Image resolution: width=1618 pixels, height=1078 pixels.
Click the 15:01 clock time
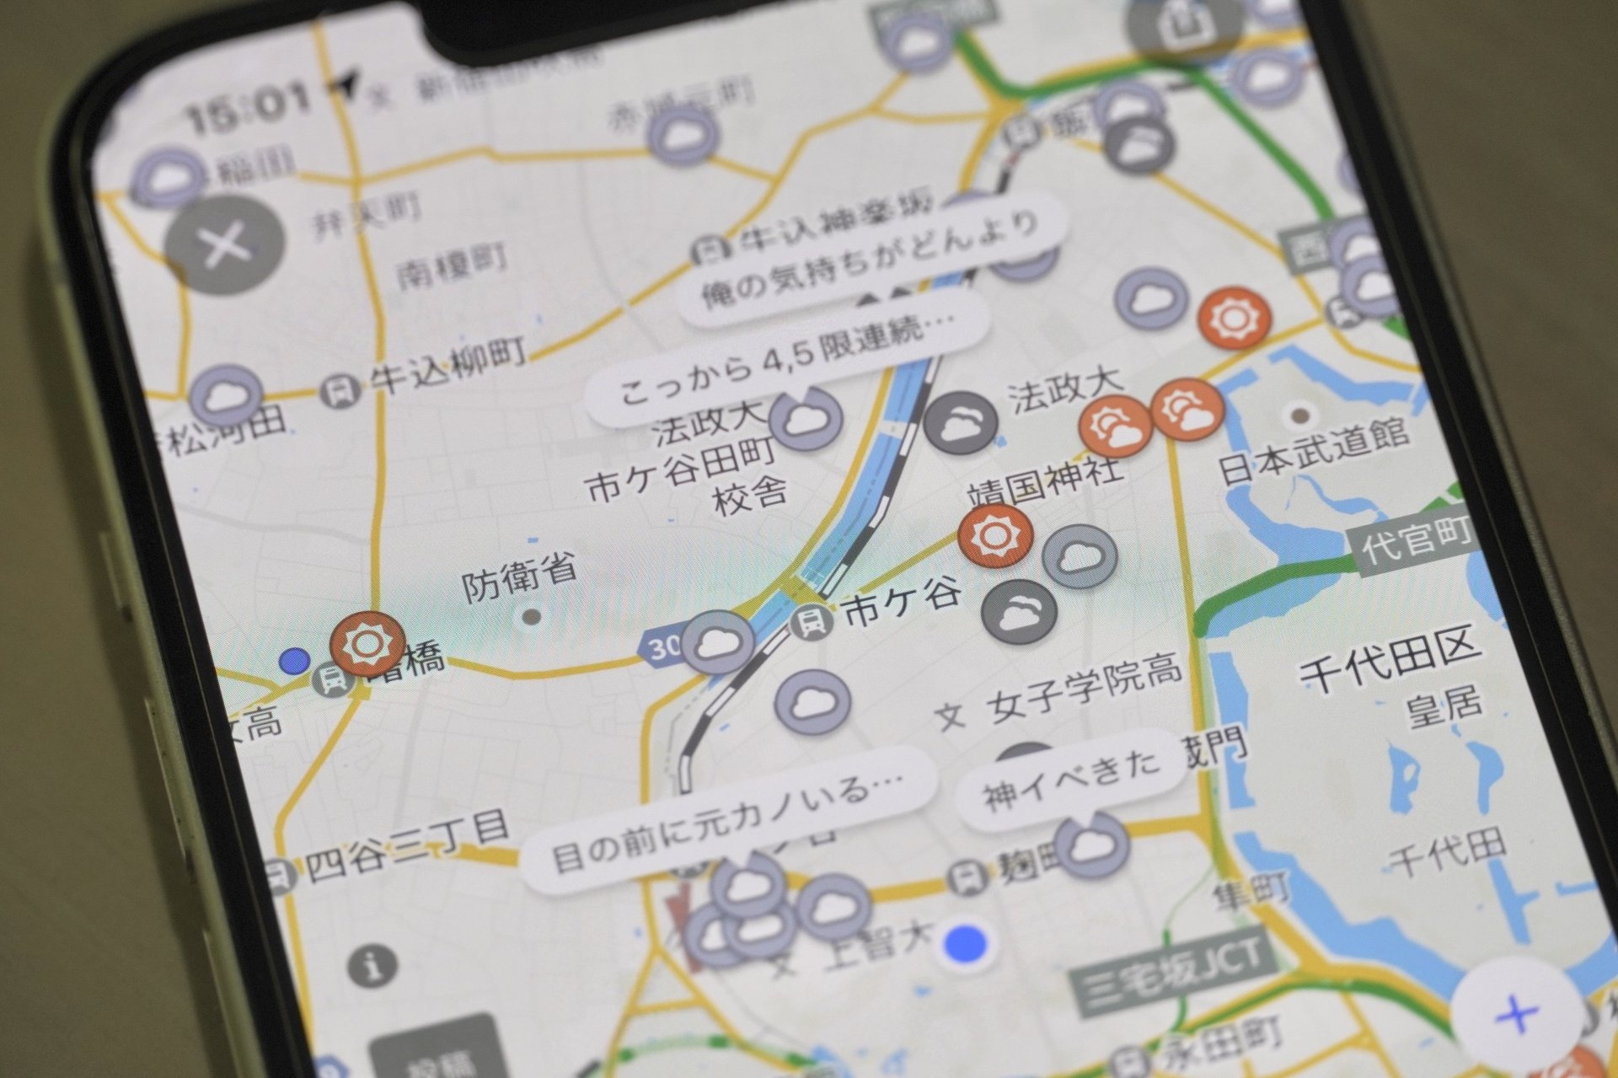249,107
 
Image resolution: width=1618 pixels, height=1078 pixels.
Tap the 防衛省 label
520,577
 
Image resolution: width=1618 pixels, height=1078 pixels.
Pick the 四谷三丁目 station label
408,845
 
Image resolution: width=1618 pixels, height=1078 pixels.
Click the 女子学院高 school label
1086,693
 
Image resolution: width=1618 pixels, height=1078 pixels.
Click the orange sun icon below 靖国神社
995,536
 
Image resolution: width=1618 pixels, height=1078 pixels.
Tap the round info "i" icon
373,964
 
